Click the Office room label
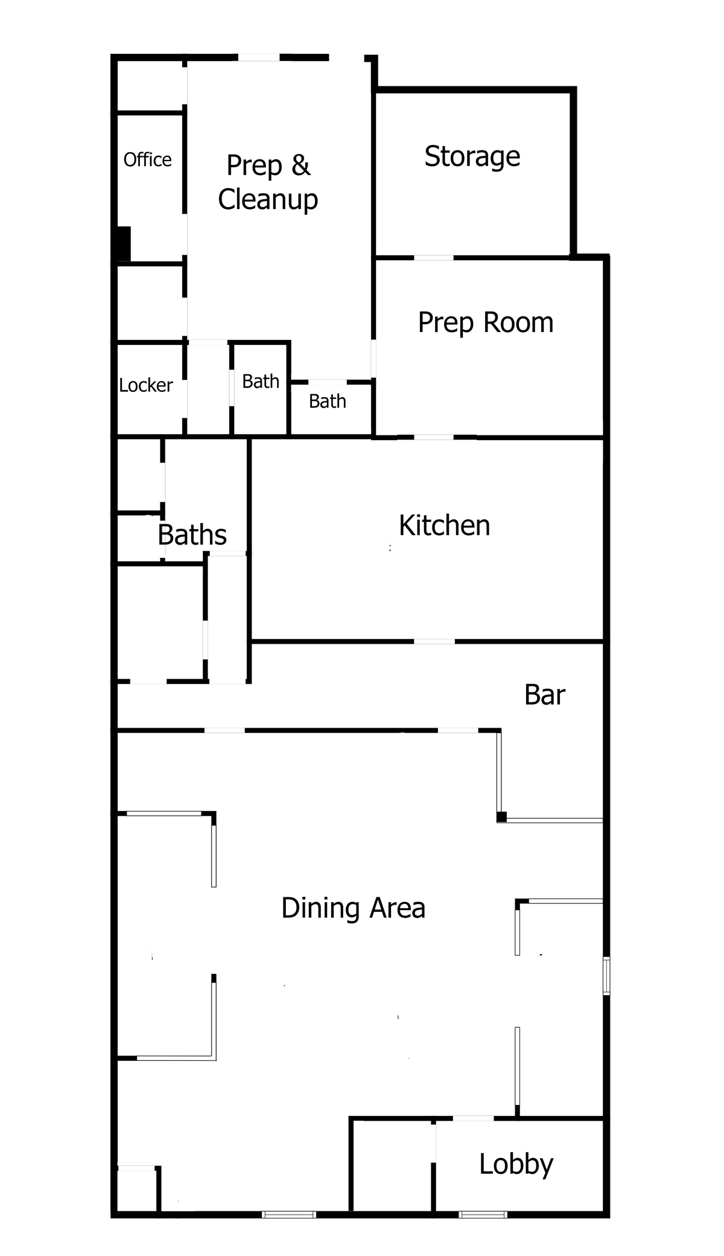147,159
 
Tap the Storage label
472,157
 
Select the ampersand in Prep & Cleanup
300,165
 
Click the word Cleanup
268,200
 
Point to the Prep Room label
486,323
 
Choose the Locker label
146,385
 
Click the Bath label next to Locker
261,382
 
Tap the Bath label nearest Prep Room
328,401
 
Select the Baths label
192,535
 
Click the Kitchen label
445,525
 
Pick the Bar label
545,695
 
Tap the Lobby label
516,1165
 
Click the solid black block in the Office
124,244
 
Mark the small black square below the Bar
501,817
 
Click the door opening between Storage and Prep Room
434,258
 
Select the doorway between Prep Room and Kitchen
434,437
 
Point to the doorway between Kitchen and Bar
434,641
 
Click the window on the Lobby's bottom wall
483,1214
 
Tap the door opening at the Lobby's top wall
474,1119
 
